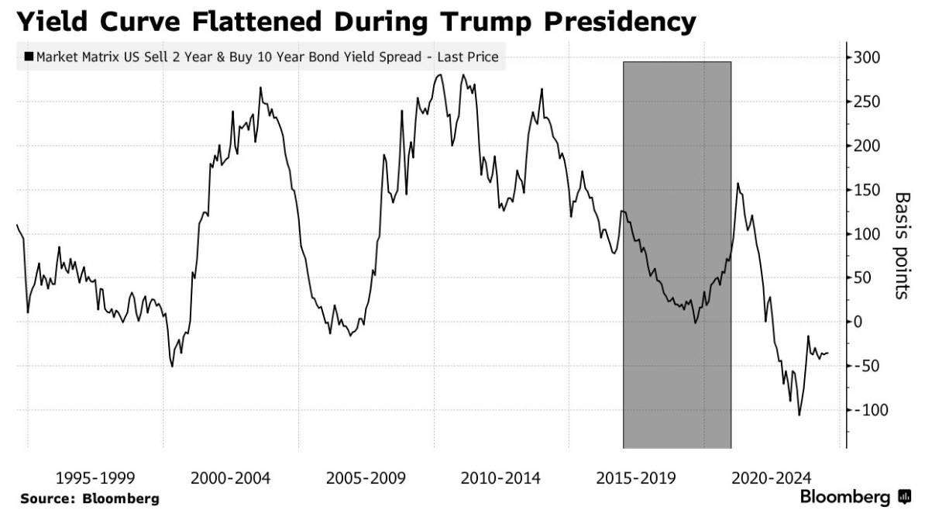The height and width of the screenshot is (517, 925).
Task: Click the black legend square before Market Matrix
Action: (x=29, y=57)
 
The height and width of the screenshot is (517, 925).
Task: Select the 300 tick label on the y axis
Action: (x=867, y=58)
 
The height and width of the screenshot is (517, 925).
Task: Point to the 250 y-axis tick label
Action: (x=867, y=102)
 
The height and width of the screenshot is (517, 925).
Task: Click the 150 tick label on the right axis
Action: (x=867, y=190)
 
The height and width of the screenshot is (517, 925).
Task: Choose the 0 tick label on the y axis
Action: (x=858, y=322)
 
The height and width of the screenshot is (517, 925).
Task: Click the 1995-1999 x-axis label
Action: (x=95, y=478)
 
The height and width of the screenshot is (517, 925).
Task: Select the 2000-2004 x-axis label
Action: (x=230, y=478)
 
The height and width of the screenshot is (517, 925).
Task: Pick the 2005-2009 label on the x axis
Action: (x=366, y=478)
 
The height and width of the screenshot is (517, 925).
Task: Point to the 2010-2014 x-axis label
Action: (x=500, y=478)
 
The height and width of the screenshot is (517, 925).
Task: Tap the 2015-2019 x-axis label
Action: (x=636, y=478)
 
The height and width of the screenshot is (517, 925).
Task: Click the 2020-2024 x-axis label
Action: (x=772, y=478)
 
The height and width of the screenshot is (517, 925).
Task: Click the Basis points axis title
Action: (x=902, y=246)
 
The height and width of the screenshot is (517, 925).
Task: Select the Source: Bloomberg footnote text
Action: (x=90, y=498)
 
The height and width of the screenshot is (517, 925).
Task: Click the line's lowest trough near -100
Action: (x=799, y=415)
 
